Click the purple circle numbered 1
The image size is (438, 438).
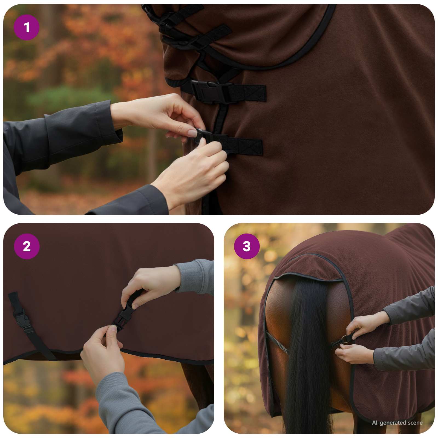(27, 27)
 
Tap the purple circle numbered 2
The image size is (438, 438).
(27, 246)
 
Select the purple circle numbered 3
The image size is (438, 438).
(247, 246)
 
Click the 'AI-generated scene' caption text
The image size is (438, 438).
(397, 423)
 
